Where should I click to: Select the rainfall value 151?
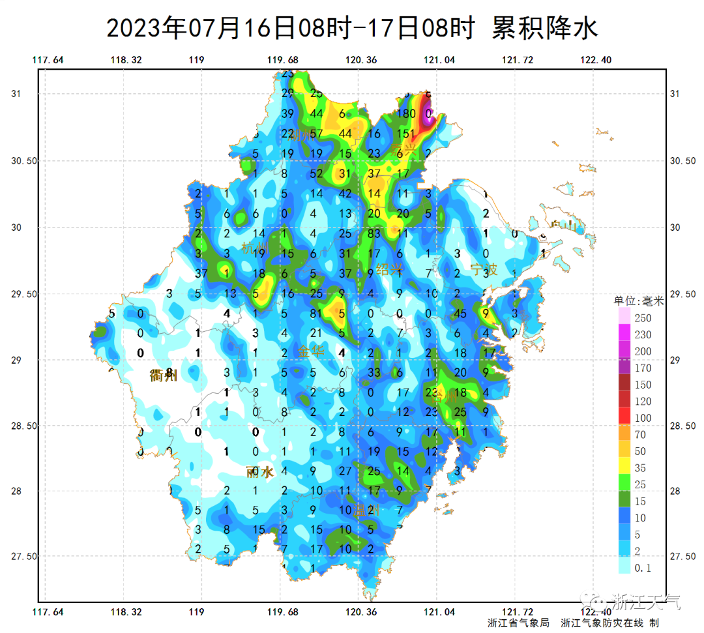(x=405, y=134)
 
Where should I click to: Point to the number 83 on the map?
(x=374, y=233)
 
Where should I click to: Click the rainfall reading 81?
(x=317, y=314)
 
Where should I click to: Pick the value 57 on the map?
(x=317, y=134)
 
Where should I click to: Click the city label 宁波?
(x=484, y=269)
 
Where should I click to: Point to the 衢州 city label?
(x=163, y=375)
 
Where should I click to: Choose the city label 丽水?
(x=259, y=472)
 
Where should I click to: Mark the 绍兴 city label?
(x=390, y=269)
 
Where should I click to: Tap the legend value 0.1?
(x=643, y=568)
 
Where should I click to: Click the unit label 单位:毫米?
(x=638, y=301)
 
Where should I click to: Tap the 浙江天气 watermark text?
(x=645, y=601)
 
